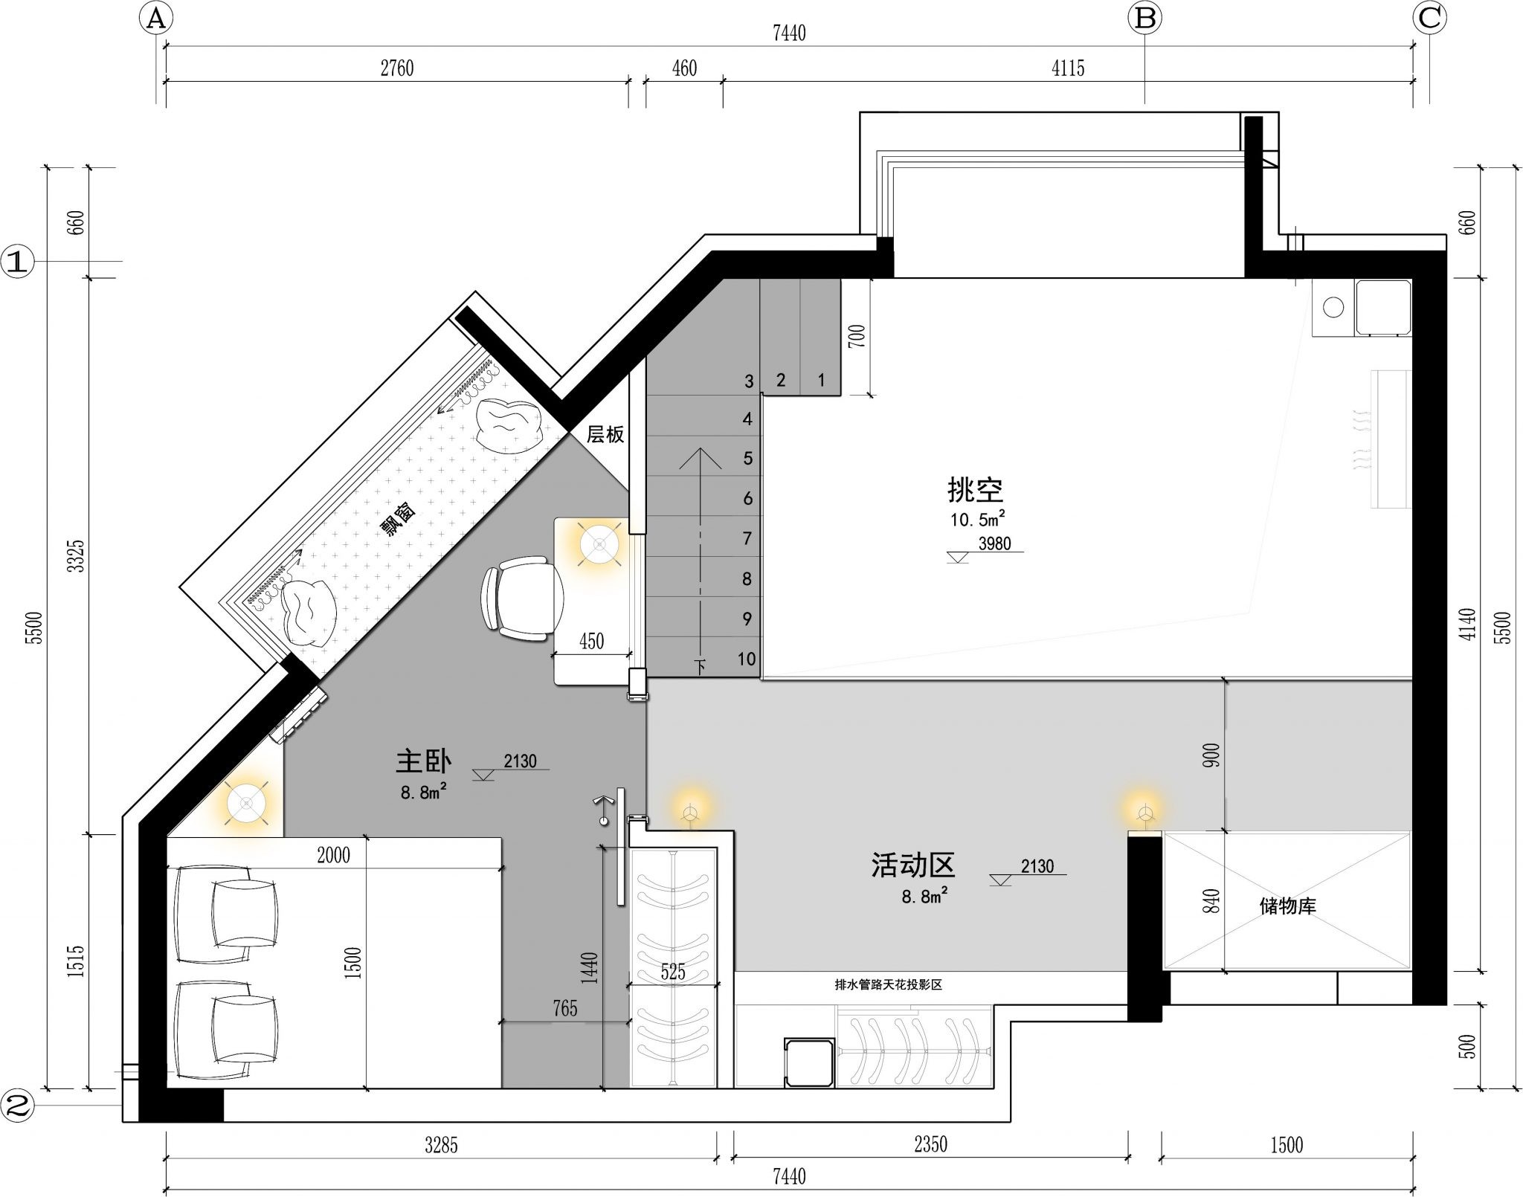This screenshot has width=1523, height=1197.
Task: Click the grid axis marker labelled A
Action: point(155,19)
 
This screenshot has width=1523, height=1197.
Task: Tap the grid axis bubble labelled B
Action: point(1144,19)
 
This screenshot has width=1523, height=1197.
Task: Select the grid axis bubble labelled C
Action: point(1429,19)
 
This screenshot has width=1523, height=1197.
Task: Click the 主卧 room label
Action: point(423,761)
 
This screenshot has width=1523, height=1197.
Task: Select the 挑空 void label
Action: point(975,489)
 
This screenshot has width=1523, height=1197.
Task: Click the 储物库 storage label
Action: point(1287,906)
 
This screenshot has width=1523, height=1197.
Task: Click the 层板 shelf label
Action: point(605,434)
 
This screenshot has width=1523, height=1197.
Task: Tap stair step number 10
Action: point(747,659)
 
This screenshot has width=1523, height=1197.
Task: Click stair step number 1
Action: point(821,381)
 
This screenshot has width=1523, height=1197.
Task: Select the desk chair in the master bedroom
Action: point(522,598)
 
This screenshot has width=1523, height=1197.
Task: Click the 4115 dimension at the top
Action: point(1068,68)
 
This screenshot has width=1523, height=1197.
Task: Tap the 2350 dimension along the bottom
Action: point(930,1144)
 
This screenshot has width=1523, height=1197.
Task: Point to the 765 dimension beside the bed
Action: point(565,1008)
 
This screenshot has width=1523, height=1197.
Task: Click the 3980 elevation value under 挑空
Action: point(994,543)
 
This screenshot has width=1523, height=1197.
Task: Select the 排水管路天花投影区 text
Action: point(889,985)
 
